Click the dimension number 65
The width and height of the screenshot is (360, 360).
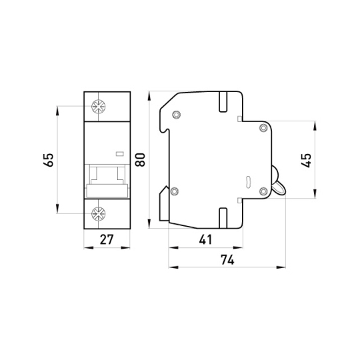49,159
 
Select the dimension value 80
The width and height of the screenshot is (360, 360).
140,159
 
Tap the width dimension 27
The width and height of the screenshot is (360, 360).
107,239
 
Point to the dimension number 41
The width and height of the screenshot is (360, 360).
205,239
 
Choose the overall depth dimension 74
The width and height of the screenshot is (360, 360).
227,260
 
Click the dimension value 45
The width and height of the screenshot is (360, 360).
306,160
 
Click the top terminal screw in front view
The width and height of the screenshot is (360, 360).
99,107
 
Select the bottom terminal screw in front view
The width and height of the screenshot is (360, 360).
99,214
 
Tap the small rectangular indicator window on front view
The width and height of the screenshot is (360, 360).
119,154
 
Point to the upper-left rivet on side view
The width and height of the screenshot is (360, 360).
176,115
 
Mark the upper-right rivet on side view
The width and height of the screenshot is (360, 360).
263,127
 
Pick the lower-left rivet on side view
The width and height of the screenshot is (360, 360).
175,191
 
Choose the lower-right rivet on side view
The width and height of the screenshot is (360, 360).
263,191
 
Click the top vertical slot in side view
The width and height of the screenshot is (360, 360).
223,102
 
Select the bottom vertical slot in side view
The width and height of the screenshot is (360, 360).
223,218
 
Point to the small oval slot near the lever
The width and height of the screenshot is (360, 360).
248,183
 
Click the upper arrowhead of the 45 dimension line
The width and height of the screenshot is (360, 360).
315,126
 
